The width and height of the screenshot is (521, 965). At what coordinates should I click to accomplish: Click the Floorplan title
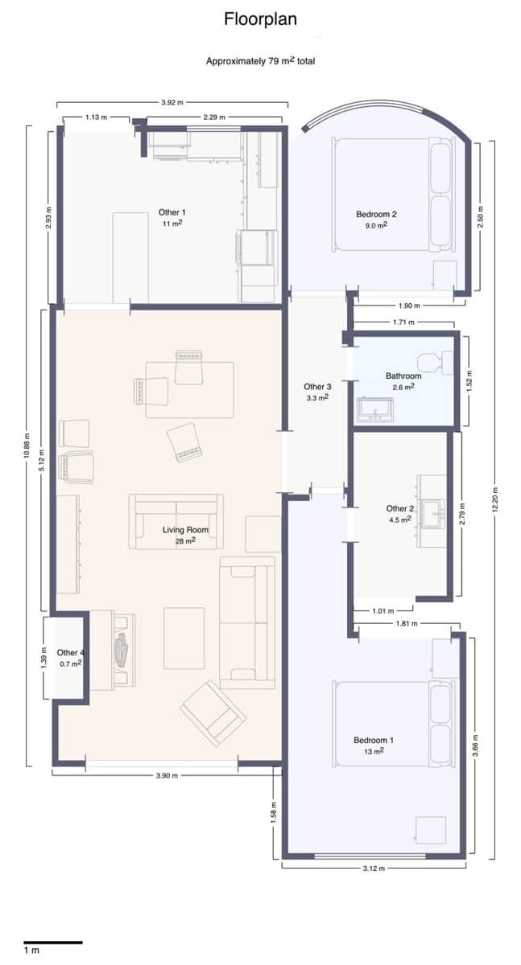point(260,19)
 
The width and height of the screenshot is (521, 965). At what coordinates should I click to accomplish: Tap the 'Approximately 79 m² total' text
point(260,61)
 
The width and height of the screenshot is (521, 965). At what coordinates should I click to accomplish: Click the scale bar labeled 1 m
point(52,941)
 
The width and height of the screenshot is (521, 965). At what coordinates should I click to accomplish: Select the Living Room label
point(186,530)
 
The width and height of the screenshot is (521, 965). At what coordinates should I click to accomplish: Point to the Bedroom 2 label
point(376,215)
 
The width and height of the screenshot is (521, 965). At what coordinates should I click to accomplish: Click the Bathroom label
point(403,376)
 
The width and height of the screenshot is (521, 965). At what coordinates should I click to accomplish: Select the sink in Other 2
point(432,511)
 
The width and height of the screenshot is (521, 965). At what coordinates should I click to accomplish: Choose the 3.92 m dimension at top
point(172,102)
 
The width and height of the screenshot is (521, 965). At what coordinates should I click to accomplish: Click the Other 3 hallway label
point(317,387)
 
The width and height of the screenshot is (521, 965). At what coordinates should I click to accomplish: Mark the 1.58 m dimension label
point(274,813)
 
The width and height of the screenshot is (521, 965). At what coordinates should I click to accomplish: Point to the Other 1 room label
point(170,213)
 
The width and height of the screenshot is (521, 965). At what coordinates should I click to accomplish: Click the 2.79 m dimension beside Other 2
point(462,513)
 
